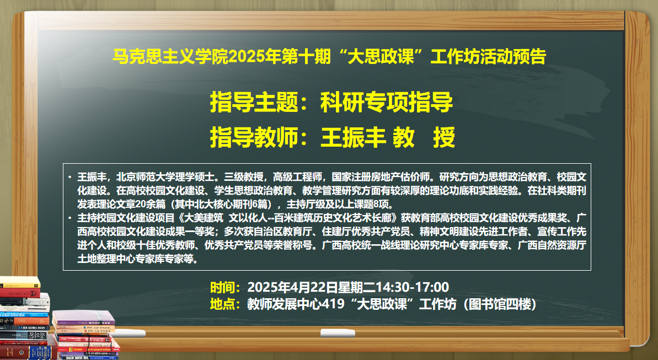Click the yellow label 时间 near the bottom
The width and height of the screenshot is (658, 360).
pyautogui.click(x=222, y=287)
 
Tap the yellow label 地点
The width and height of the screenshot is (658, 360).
pyautogui.click(x=222, y=304)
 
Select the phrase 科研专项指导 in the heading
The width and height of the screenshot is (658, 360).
pyautogui.click(x=387, y=102)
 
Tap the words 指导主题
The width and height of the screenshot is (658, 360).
pyautogui.click(x=254, y=102)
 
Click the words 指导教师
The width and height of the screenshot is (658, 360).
pyautogui.click(x=254, y=137)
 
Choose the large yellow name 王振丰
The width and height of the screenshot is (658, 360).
pyautogui.click(x=353, y=137)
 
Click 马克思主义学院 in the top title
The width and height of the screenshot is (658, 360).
pyautogui.click(x=170, y=57)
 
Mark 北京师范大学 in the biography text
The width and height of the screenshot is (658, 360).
pyautogui.click(x=146, y=177)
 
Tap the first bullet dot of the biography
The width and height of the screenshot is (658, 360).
pyautogui.click(x=69, y=177)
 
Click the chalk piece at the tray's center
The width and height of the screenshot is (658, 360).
pyautogui.click(x=338, y=333)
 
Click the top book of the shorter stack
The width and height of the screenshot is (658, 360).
pyautogui.click(x=83, y=317)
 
